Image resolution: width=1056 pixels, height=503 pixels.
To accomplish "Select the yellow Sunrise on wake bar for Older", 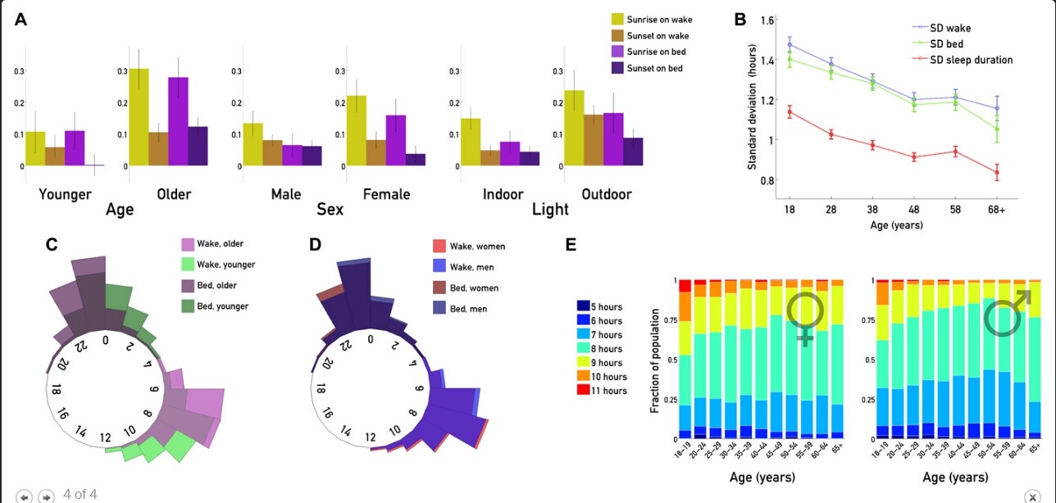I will pos(139,117).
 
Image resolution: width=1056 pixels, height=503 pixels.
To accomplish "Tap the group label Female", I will pos(385,194).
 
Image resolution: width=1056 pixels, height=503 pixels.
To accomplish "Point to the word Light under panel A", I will pos(550,210).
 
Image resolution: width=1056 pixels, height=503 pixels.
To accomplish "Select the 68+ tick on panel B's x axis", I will pos(997,210).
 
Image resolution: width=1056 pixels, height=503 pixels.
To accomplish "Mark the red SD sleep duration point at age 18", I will pos(789,112).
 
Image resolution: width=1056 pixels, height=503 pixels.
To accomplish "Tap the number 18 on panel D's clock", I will pos(321,390).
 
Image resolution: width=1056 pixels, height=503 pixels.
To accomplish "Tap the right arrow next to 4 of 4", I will pos(46,496).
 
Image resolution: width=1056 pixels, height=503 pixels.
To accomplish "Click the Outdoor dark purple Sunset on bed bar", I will pos(632,152).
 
